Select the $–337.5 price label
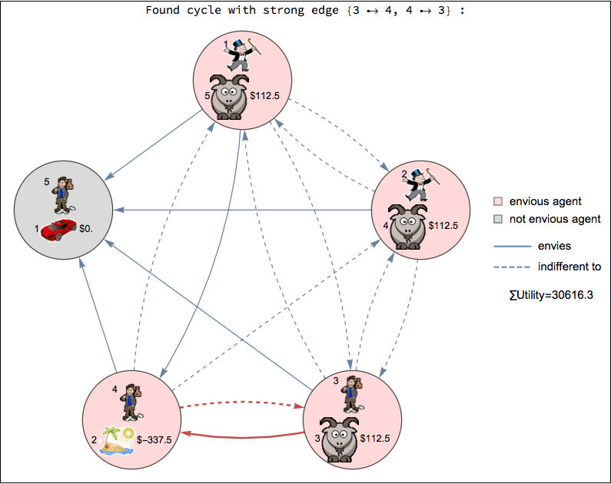(x=154, y=439)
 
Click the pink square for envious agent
(x=498, y=201)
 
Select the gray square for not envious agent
(x=498, y=220)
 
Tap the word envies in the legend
(x=554, y=246)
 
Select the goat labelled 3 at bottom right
(x=339, y=439)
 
